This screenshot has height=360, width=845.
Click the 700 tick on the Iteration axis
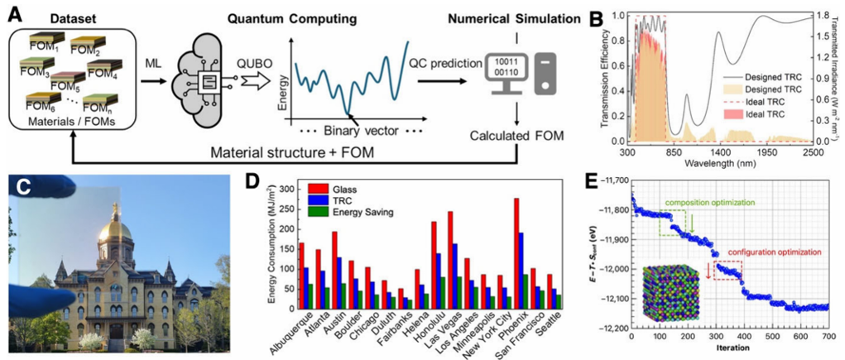coord(829,338)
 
